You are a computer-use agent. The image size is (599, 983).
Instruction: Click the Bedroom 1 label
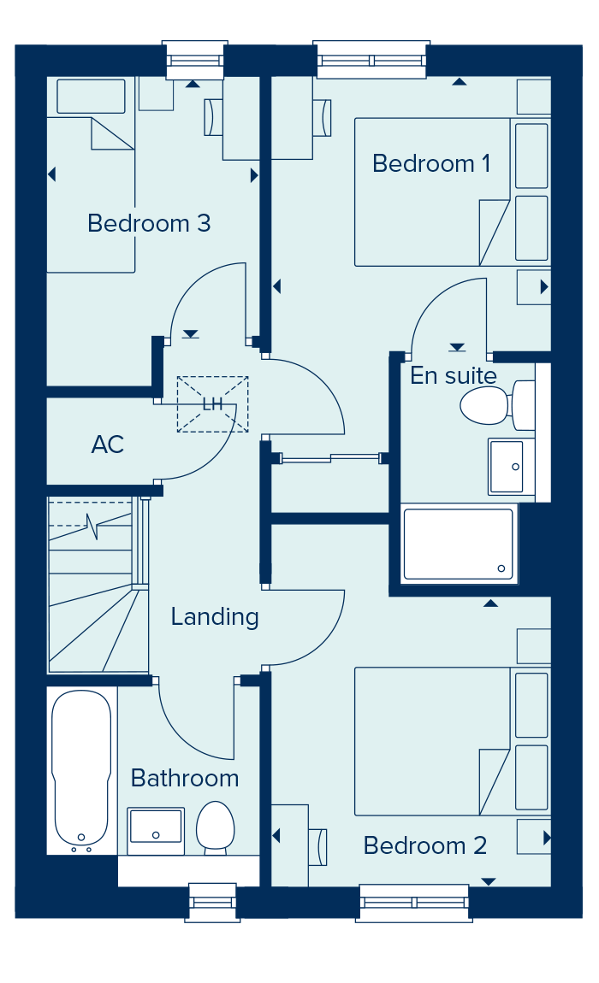click(430, 163)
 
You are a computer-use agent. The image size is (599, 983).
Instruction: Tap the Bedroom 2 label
click(425, 845)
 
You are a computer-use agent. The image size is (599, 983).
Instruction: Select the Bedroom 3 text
click(149, 223)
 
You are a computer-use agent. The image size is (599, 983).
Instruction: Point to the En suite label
click(454, 375)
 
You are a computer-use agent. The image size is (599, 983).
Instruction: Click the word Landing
click(215, 617)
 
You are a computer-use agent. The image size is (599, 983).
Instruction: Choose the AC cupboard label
click(107, 444)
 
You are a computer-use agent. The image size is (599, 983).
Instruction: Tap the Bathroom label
click(185, 778)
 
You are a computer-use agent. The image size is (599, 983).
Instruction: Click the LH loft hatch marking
click(213, 404)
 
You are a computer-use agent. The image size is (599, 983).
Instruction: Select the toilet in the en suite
click(497, 405)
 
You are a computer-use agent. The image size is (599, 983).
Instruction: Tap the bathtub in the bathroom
click(81, 771)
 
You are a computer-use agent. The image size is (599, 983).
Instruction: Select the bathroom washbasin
click(156, 831)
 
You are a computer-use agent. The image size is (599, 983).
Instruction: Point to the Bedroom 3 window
click(194, 60)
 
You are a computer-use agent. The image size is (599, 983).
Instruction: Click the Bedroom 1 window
click(371, 60)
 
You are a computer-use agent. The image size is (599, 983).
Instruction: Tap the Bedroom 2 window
click(414, 903)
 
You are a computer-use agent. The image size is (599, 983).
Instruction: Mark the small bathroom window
click(212, 903)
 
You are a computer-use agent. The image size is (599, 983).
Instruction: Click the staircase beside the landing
click(98, 586)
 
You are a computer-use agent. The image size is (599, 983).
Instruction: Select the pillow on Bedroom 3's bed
click(91, 97)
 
